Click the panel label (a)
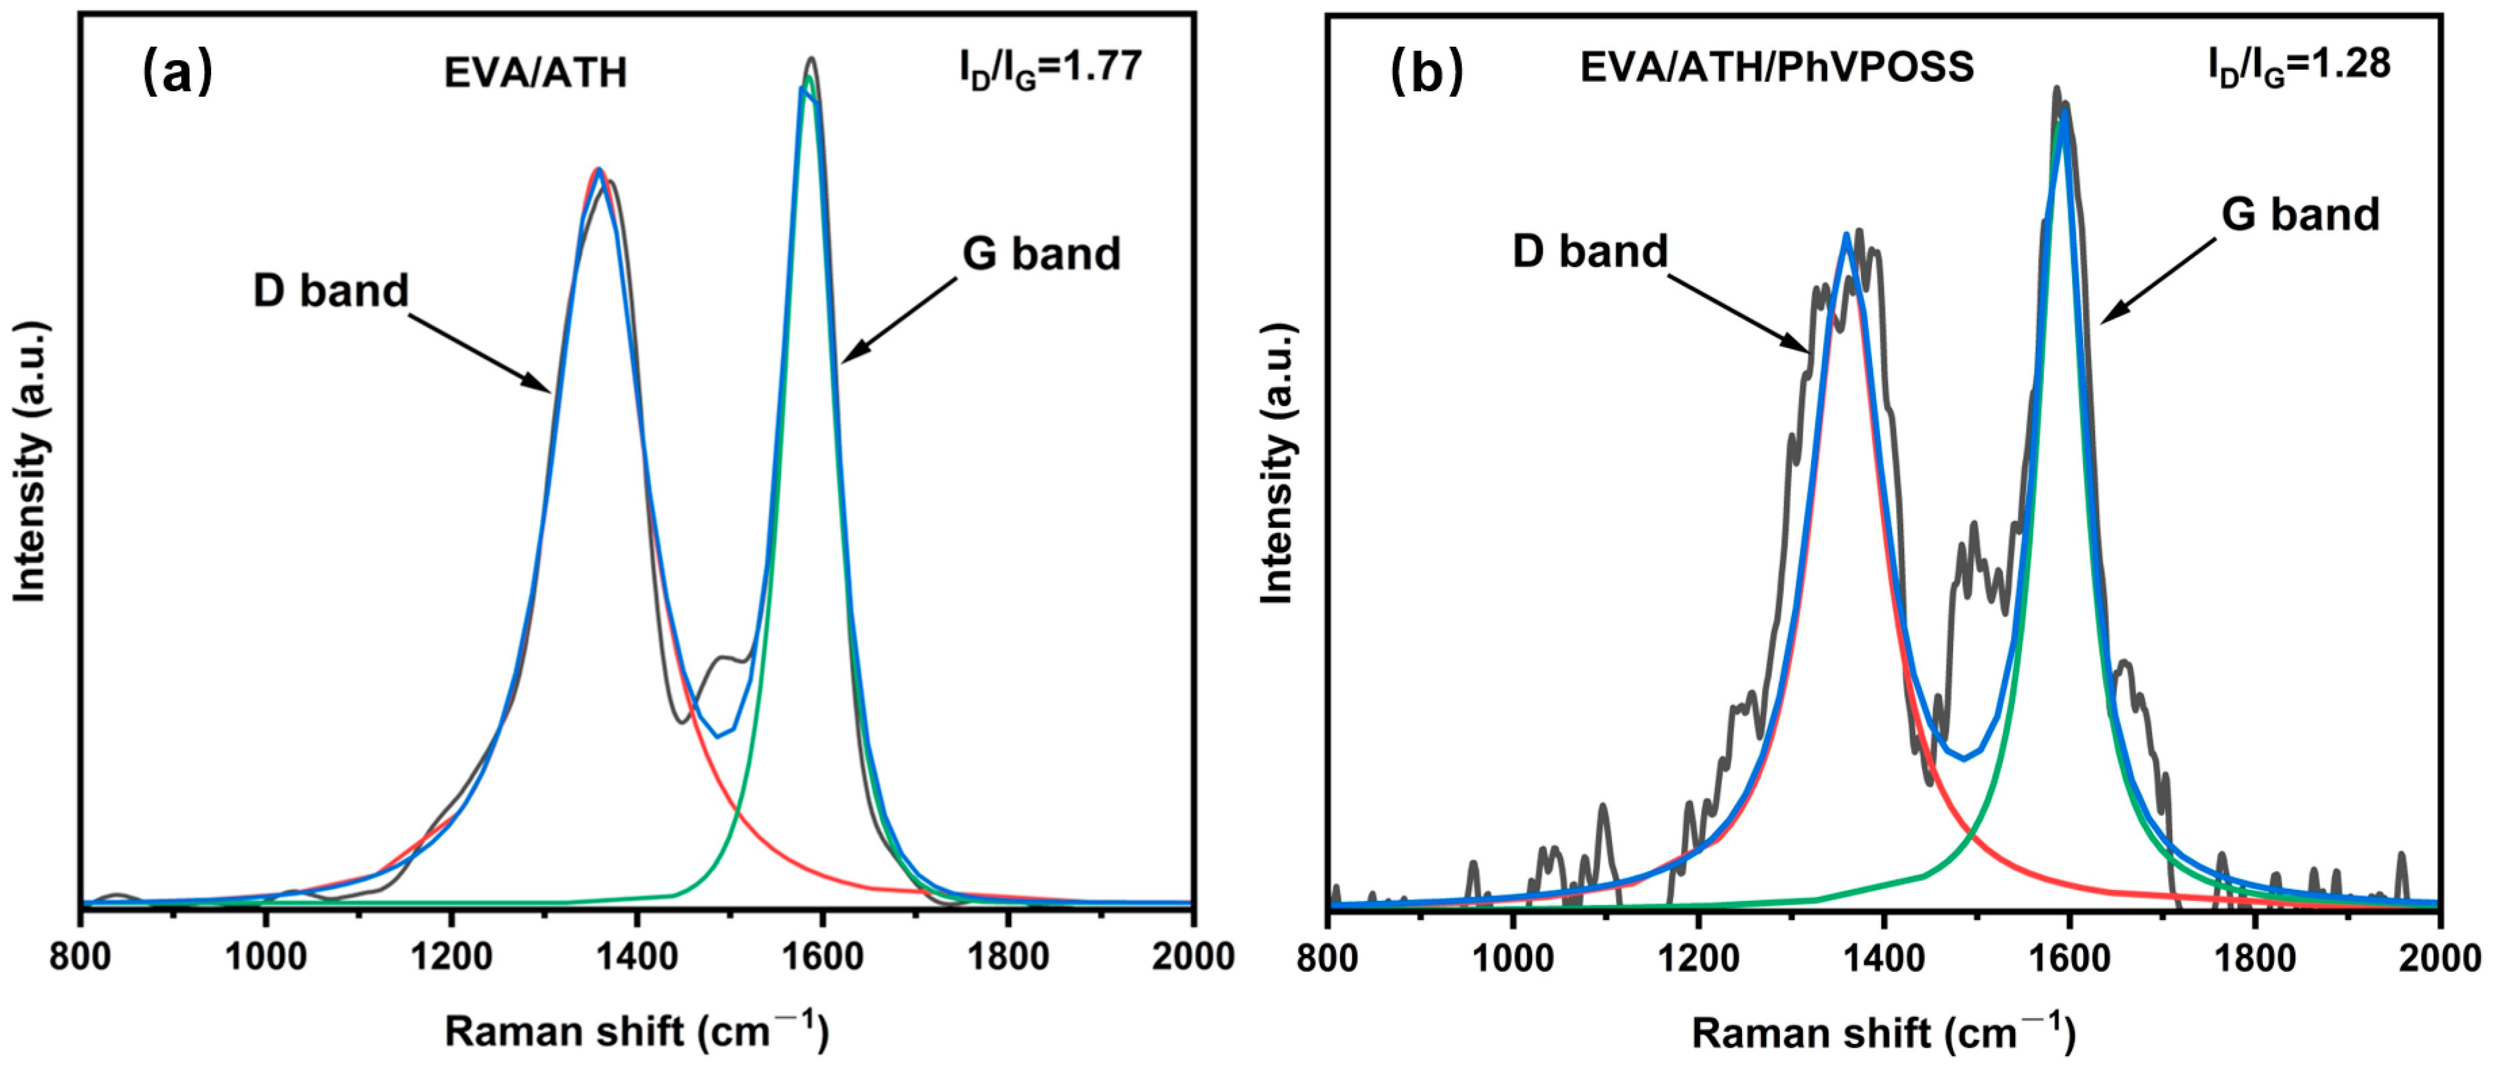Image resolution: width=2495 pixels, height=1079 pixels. click(x=177, y=73)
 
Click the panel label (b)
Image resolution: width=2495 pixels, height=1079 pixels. click(x=1426, y=73)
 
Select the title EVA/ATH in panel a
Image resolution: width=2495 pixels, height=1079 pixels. click(x=536, y=74)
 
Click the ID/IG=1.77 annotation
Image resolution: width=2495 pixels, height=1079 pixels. click(x=1051, y=68)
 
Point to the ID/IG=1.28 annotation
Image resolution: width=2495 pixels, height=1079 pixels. click(x=2299, y=66)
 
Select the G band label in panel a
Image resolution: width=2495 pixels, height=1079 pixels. click(x=1041, y=254)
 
